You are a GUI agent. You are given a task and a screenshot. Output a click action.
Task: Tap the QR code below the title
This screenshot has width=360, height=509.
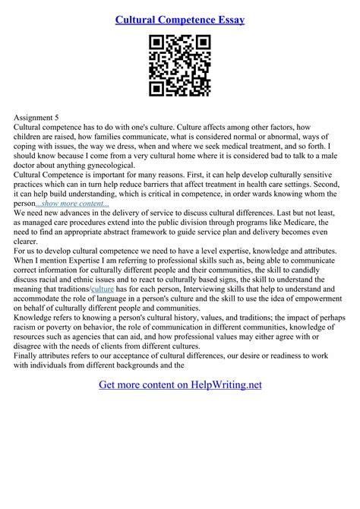(x=179, y=67)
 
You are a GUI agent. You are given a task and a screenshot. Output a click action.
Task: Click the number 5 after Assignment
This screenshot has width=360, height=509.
(x=56, y=118)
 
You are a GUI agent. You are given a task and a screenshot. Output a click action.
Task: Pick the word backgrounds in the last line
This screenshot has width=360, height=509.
(x=144, y=365)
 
